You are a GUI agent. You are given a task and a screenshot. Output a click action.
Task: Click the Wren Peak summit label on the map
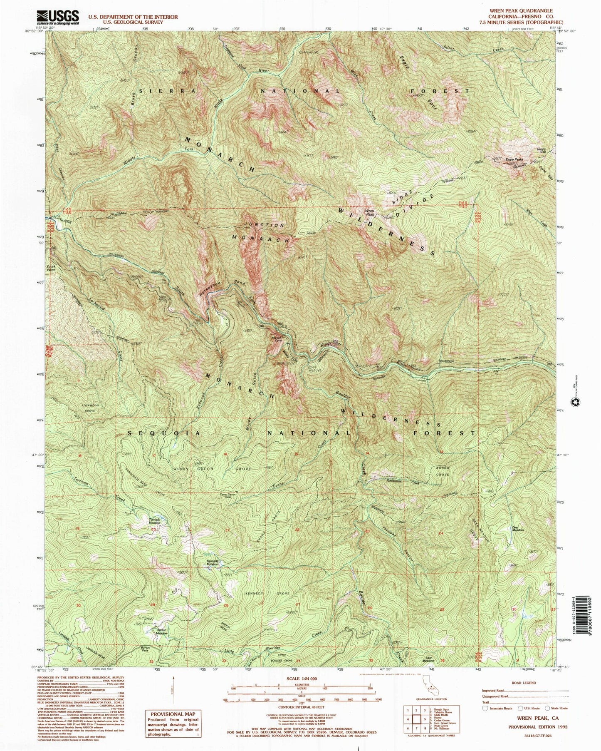pos(369,213)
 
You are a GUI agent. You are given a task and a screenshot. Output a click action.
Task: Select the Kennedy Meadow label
pos(213,562)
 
